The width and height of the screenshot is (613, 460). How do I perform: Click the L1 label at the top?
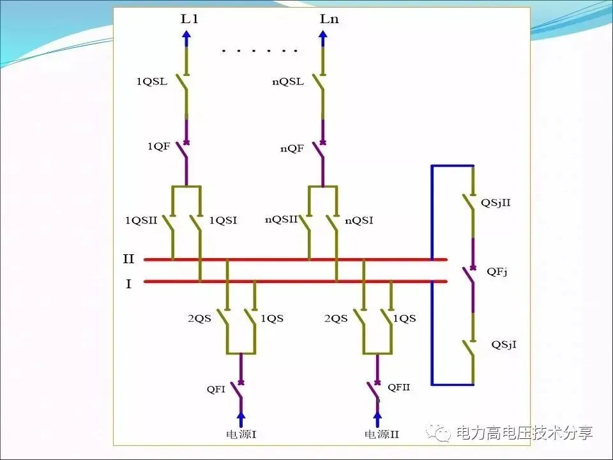point(190,19)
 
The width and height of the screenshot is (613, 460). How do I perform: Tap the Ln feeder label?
point(329,19)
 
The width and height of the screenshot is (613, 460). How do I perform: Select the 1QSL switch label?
point(152,82)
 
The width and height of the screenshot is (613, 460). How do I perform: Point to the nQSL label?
point(287,82)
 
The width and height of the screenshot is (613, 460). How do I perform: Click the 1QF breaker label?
point(158,147)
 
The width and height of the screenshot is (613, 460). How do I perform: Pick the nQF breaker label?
point(291,149)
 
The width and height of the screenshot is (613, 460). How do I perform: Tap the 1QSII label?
point(141,220)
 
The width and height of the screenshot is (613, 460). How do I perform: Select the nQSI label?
point(359,220)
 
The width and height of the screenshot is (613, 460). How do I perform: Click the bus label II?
point(128,259)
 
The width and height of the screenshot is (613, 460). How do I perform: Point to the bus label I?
point(128,284)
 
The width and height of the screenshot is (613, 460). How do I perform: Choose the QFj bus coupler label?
point(497,272)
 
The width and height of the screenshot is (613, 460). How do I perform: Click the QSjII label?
point(496,203)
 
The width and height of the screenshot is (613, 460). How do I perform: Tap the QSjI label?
point(504,344)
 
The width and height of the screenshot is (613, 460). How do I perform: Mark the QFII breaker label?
point(398,387)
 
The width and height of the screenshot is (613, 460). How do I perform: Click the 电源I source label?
point(241,434)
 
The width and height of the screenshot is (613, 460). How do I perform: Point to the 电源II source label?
point(381,434)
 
